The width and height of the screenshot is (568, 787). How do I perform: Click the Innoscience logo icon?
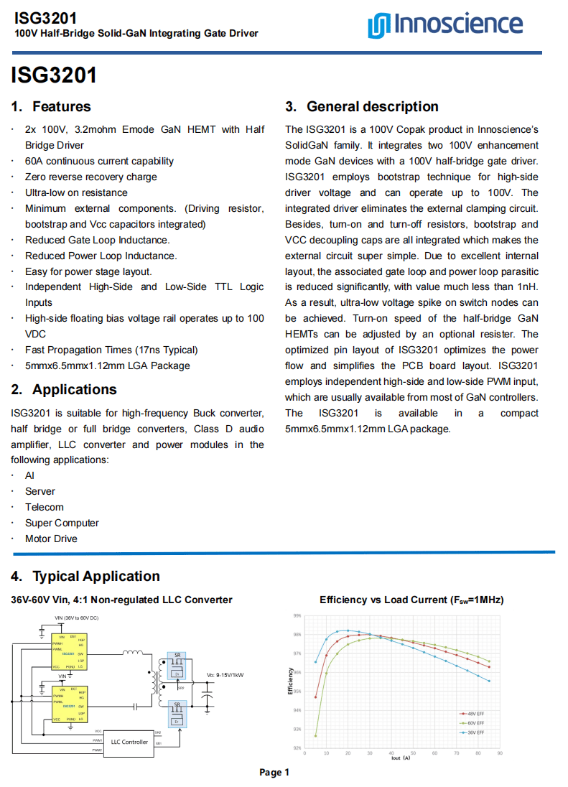pyautogui.click(x=378, y=25)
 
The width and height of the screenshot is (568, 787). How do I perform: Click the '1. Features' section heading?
pyautogui.click(x=51, y=107)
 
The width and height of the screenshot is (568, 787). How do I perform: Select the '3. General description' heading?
pyautogui.click(x=362, y=107)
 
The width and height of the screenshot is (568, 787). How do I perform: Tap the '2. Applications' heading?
pyautogui.click(x=64, y=390)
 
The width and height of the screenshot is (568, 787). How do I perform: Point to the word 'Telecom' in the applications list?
pyautogui.click(x=45, y=507)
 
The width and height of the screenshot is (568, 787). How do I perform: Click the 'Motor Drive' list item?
pyautogui.click(x=51, y=539)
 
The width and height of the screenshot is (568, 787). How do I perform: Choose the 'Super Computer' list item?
pyautogui.click(x=62, y=523)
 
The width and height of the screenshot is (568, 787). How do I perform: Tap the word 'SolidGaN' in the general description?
pyautogui.click(x=307, y=145)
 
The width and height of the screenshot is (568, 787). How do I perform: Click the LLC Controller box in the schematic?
pyautogui.click(x=129, y=742)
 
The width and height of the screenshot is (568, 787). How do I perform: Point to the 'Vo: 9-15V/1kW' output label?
pyautogui.click(x=225, y=675)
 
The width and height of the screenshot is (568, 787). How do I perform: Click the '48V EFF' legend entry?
pyautogui.click(x=475, y=714)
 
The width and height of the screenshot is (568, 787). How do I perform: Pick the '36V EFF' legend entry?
pyautogui.click(x=475, y=732)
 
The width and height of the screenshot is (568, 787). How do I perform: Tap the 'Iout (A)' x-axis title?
pyautogui.click(x=401, y=758)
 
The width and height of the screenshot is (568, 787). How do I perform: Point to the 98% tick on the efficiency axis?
pyautogui.click(x=297, y=635)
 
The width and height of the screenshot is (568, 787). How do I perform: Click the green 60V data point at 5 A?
pyautogui.click(x=316, y=736)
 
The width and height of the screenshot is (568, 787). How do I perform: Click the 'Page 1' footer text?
pyautogui.click(x=274, y=773)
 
